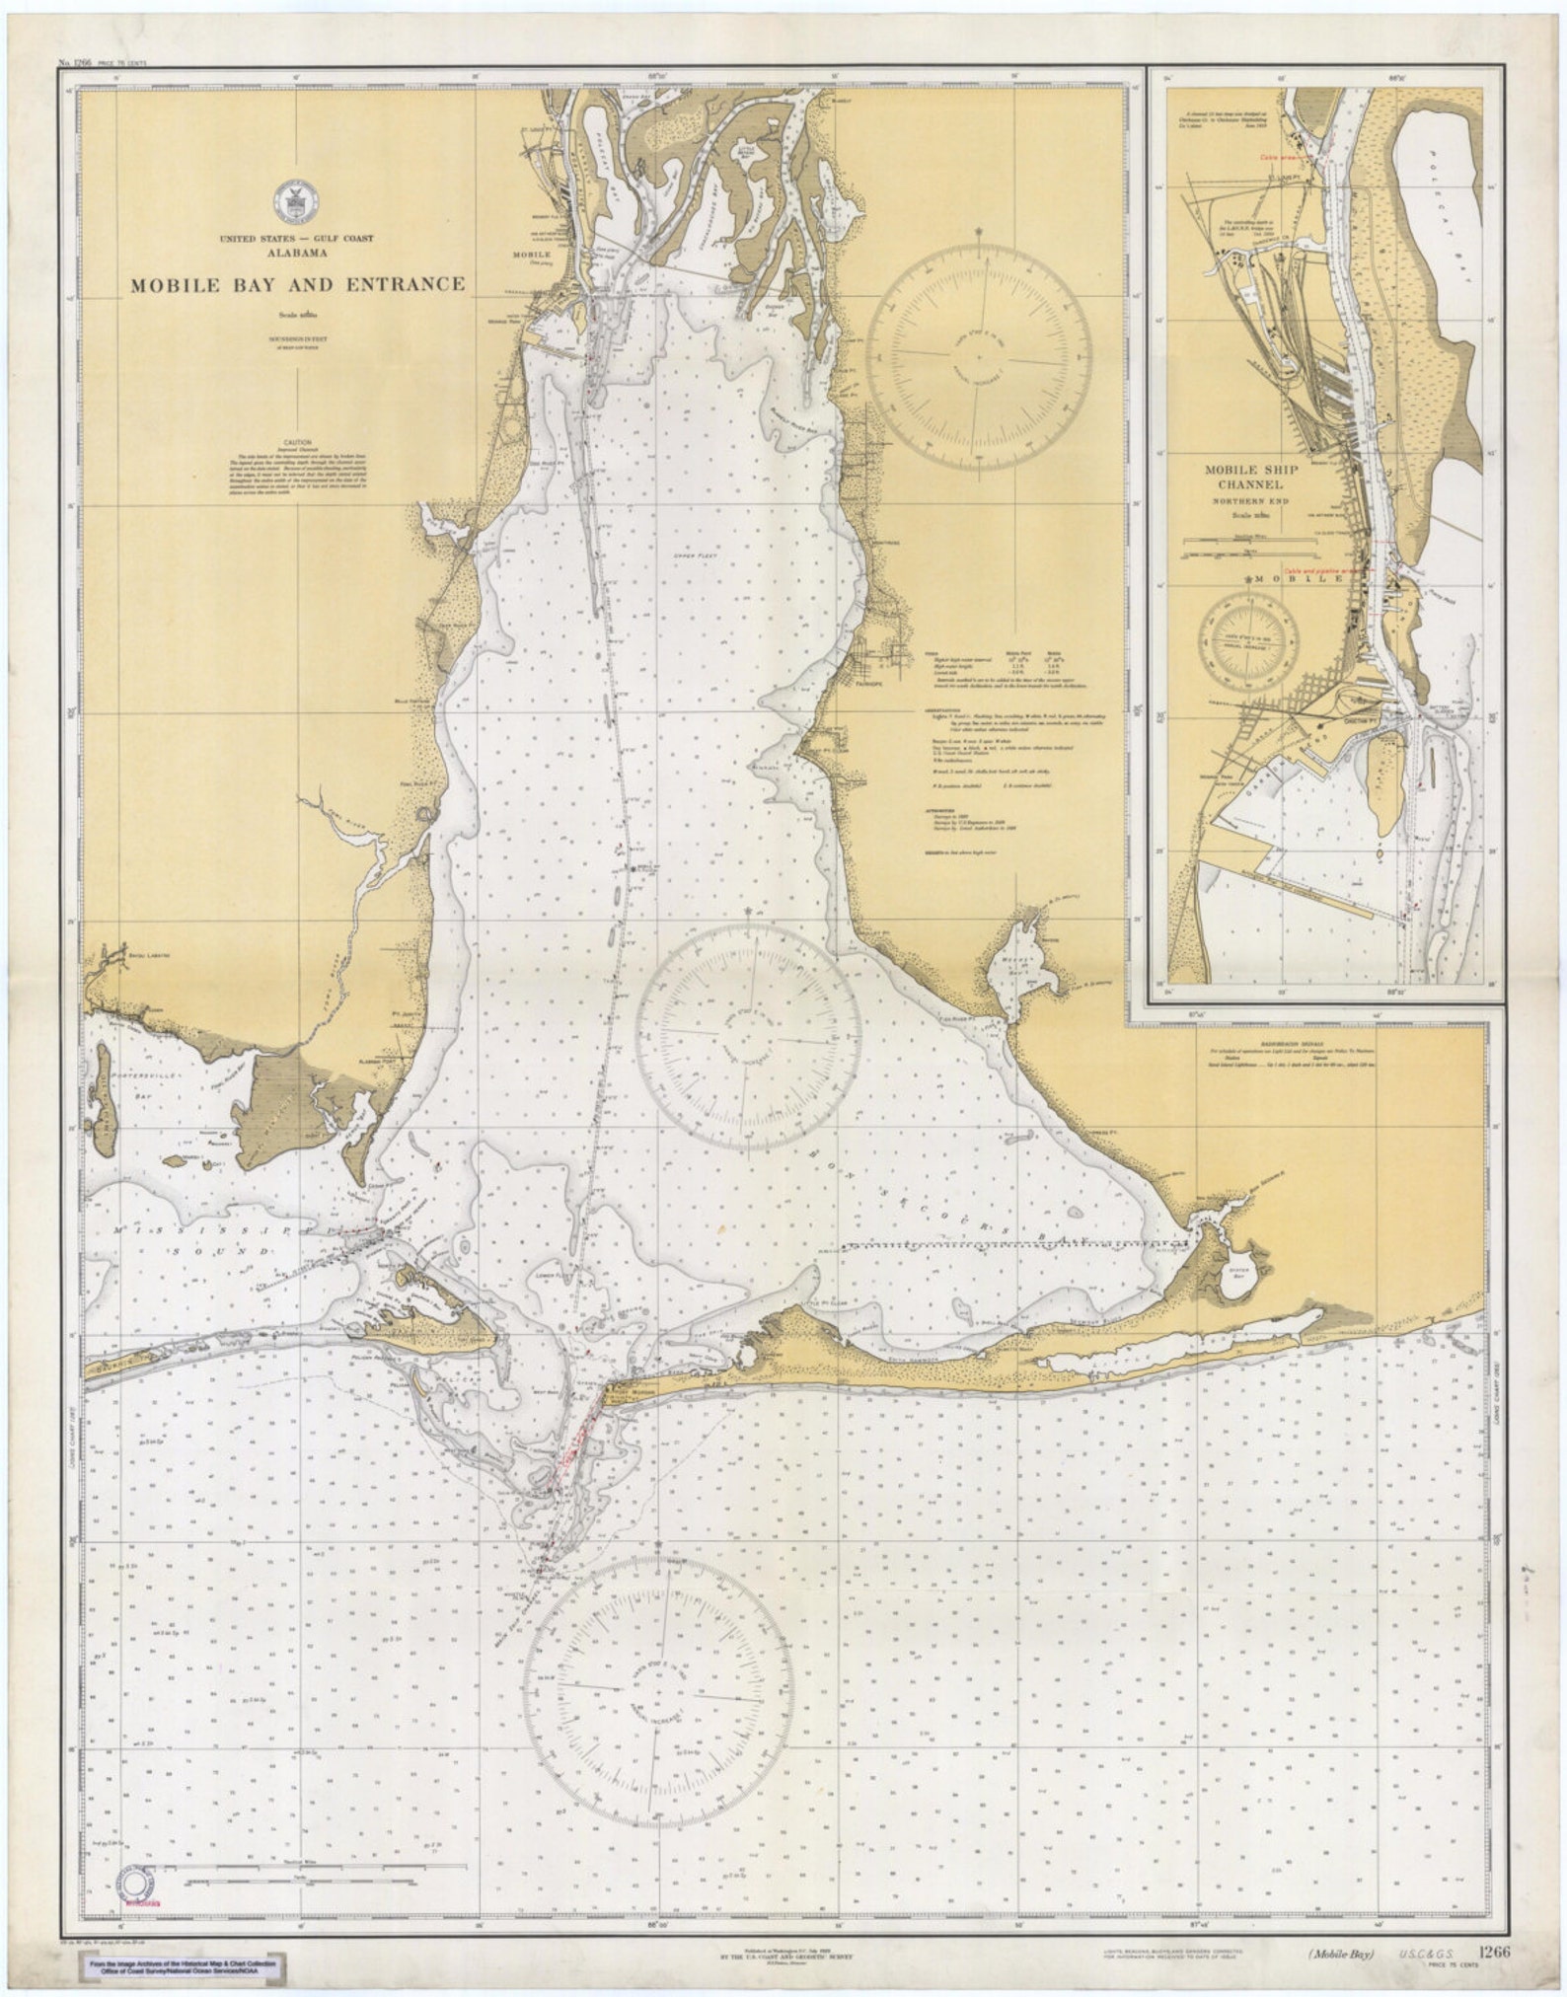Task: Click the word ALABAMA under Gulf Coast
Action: [x=296, y=253]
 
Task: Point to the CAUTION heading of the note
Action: [x=297, y=443]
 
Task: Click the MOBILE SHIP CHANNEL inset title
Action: [x=1250, y=478]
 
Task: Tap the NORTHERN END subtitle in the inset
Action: [x=1250, y=500]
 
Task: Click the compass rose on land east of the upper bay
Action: [x=979, y=353]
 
